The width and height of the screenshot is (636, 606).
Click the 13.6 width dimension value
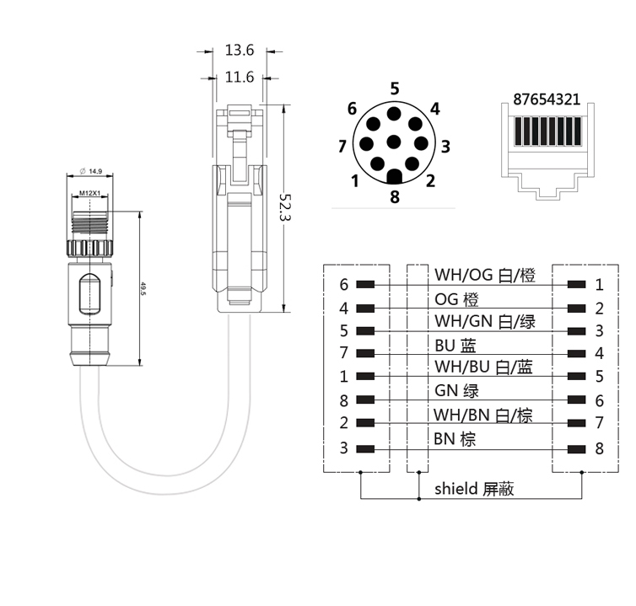[240, 51]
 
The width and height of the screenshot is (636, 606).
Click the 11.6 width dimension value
[240, 78]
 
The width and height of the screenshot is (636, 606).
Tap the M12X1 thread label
[90, 194]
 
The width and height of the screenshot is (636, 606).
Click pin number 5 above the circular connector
[395, 88]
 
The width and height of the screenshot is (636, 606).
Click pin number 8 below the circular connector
[395, 197]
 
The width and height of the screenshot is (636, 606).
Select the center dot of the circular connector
[394, 141]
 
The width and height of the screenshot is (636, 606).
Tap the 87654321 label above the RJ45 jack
[547, 99]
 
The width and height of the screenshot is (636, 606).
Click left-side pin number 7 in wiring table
[344, 354]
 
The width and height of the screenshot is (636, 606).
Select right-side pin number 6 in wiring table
[599, 401]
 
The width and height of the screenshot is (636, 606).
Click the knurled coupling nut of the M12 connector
[89, 249]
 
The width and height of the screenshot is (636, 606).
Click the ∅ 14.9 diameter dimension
[90, 171]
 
